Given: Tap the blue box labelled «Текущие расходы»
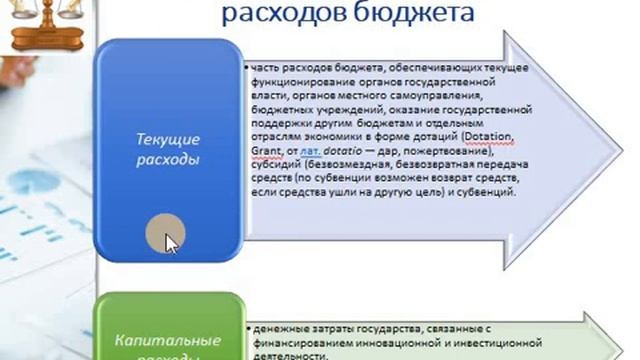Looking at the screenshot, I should pyautogui.click(x=168, y=150).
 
